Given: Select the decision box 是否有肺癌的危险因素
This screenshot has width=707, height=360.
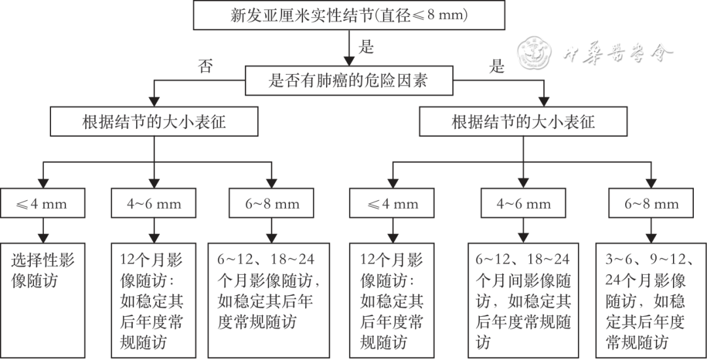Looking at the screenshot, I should (x=349, y=80).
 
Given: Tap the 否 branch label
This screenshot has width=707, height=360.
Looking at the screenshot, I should (x=205, y=66).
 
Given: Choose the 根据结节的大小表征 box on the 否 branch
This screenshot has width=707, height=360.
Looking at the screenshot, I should (x=154, y=121).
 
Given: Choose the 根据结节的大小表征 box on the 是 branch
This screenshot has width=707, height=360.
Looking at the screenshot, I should (x=523, y=121).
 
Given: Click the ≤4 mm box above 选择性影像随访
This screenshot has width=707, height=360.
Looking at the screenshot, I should (x=43, y=204).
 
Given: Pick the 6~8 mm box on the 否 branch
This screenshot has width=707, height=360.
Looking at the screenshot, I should (x=272, y=204).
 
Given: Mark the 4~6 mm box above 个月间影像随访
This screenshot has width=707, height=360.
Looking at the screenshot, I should (x=523, y=204).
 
